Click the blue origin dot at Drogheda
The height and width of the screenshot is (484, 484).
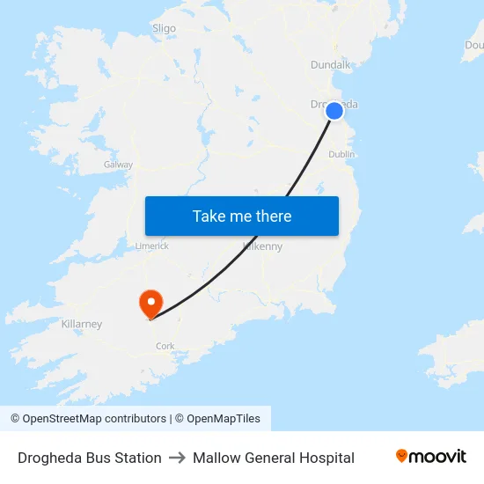[x=334, y=111]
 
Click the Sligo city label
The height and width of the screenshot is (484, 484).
[x=165, y=28]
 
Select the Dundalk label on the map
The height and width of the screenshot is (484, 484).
[x=331, y=64]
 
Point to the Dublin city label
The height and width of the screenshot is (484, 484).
[x=341, y=154]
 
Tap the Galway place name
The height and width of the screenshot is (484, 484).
[x=118, y=165]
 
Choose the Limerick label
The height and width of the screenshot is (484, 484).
[x=151, y=246]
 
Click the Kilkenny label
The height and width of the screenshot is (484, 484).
[x=263, y=246]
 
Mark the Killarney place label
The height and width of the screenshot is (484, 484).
[x=82, y=324]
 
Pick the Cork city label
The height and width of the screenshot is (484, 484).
[x=165, y=347]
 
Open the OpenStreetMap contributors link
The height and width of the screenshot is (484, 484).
[x=89, y=419]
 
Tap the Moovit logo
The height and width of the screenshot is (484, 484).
[x=430, y=457]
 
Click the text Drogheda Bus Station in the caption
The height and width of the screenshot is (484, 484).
[x=90, y=458]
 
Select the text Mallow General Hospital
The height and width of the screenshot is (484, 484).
[x=274, y=458]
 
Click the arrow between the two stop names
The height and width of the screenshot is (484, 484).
[x=177, y=458]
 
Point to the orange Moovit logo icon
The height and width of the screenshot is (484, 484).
[x=402, y=456]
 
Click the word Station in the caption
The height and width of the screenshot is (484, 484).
[x=137, y=458]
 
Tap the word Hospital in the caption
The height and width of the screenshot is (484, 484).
[x=326, y=458]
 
